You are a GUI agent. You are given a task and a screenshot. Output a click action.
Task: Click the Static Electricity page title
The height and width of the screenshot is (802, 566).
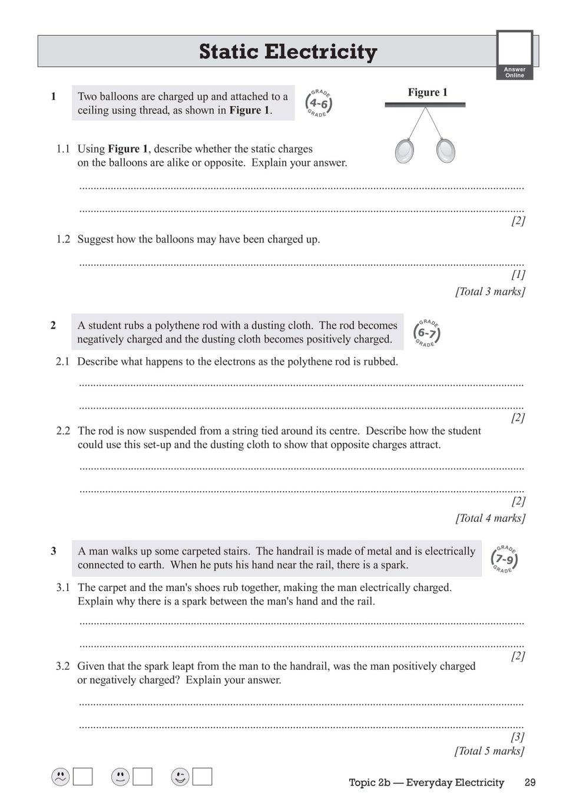coord(287,52)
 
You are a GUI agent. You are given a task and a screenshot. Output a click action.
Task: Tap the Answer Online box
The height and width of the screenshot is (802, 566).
coord(514,55)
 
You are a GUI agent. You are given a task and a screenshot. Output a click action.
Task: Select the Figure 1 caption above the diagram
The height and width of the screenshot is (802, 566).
coord(428,92)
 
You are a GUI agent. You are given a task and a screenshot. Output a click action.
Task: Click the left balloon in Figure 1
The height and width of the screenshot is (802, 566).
coord(405,151)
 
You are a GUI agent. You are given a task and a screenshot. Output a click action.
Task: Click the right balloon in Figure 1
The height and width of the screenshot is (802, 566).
coord(446,150)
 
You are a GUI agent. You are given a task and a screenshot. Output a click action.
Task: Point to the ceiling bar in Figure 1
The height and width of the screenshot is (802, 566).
coord(425,105)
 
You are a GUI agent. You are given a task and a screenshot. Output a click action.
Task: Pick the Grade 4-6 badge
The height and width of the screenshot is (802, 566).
coord(319,104)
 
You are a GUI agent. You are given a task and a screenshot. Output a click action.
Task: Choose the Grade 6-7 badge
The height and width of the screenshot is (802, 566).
coord(426,333)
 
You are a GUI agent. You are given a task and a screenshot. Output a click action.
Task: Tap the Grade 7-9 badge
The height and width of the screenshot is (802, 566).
coord(504,559)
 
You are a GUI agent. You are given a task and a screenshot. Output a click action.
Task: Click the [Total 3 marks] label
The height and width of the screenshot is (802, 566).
coord(490,291)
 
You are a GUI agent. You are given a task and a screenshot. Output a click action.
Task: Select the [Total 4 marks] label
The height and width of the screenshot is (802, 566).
coord(490,518)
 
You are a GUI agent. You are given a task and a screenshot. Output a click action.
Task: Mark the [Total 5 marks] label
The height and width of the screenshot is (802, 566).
coord(489,751)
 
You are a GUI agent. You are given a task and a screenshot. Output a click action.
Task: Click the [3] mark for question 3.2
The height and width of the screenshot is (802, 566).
coord(518,737)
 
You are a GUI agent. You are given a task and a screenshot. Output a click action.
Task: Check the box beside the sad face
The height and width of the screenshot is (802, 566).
coord(83,777)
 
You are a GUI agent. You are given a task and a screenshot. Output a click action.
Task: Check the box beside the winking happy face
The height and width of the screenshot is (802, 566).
coord(202,777)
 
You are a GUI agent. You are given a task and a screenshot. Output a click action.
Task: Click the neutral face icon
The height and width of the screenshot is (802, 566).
coord(120,777)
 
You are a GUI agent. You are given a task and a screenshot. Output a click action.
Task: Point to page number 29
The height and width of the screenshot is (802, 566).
coord(529,783)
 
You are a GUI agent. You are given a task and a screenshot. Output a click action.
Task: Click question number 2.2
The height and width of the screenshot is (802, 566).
coord(63,431)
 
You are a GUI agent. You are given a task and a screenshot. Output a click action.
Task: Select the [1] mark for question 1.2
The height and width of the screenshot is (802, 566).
coord(518,274)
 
